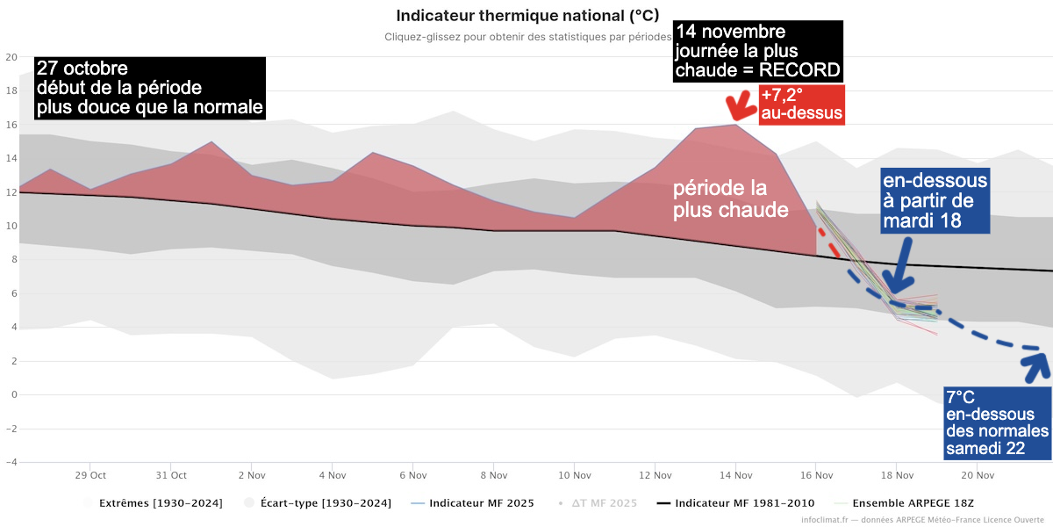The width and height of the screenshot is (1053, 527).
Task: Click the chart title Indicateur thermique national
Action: (x=526, y=16)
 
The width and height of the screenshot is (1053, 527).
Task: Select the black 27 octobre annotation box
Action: (x=148, y=89)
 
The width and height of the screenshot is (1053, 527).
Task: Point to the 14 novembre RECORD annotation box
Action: (x=758, y=50)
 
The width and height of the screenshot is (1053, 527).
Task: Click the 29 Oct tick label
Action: (x=90, y=475)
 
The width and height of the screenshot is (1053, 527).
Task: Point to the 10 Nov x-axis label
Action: (x=574, y=475)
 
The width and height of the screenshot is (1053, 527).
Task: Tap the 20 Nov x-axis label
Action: (x=978, y=475)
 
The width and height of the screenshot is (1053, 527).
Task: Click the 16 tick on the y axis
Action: (x=11, y=125)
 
